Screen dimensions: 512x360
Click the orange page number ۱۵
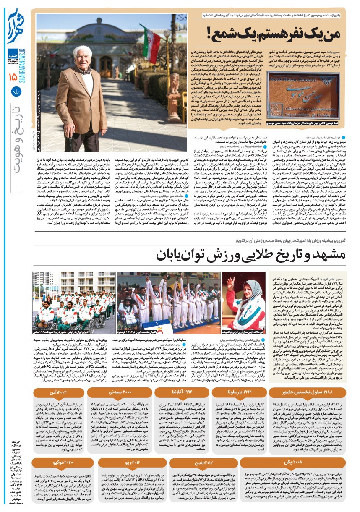pyautogui.click(x=12, y=77)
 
